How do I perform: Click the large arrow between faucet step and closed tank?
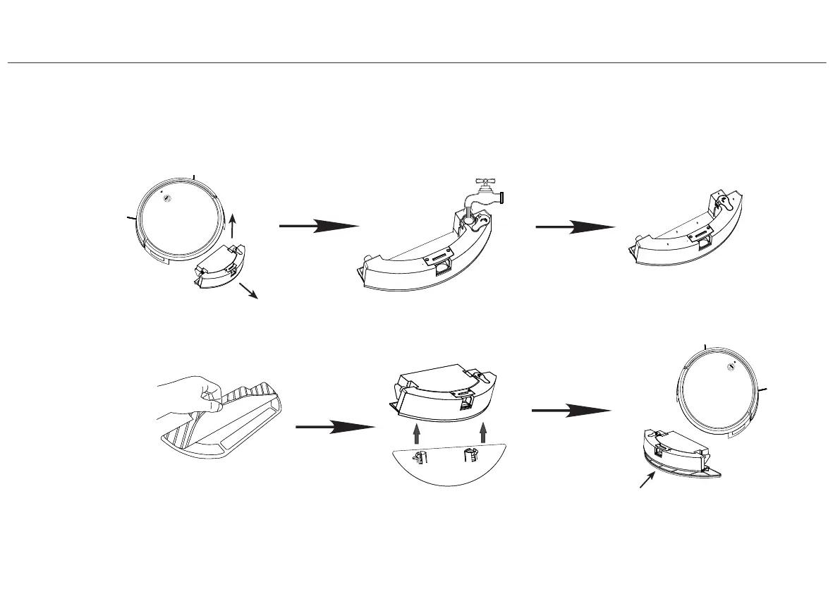[574, 227]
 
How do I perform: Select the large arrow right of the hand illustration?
[334, 427]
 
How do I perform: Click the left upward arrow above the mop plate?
[417, 431]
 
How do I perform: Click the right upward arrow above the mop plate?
[483, 431]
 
